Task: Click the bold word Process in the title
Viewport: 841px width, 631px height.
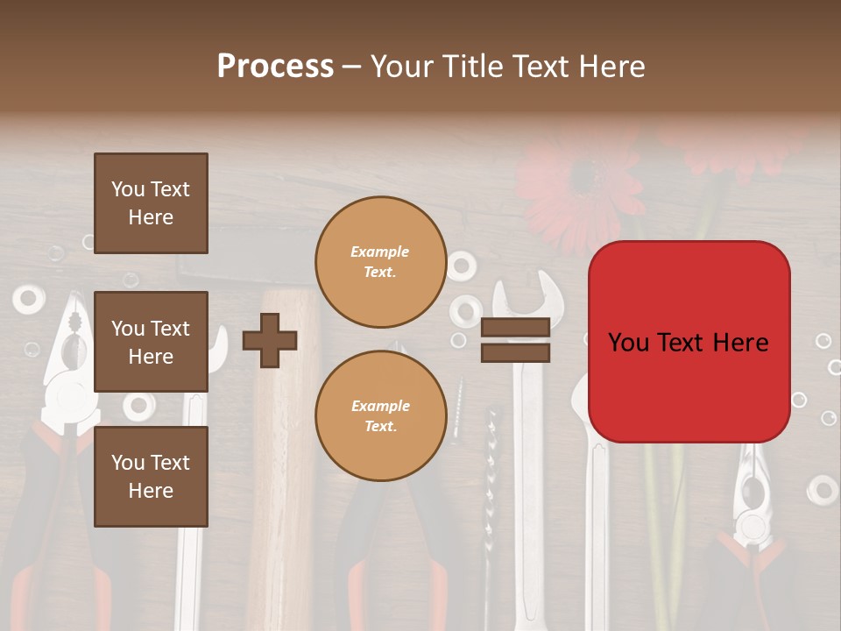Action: coord(275,66)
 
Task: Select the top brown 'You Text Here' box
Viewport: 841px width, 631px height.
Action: coord(151,203)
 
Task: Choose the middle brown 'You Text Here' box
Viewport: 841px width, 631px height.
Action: coord(151,342)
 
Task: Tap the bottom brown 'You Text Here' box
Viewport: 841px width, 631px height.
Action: coord(151,477)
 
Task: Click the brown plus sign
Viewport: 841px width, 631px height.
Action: coord(270,340)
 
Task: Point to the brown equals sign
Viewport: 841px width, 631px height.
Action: coord(515,340)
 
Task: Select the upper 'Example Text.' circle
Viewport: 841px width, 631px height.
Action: coord(380,262)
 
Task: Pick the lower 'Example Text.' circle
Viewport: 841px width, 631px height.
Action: coord(380,416)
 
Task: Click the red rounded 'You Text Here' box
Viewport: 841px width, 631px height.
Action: coord(689,342)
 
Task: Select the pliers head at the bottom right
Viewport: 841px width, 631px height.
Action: coord(752,508)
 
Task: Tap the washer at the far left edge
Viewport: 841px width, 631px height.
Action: coord(28,299)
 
